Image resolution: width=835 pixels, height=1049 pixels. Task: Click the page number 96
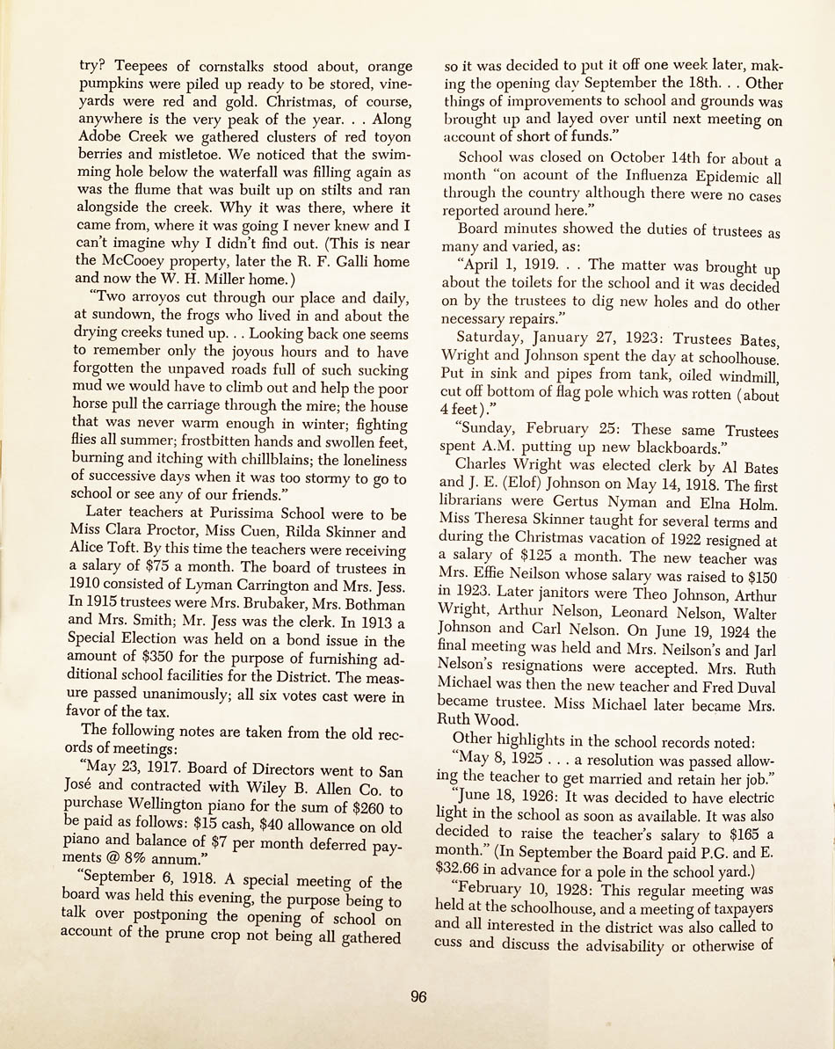(417, 996)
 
